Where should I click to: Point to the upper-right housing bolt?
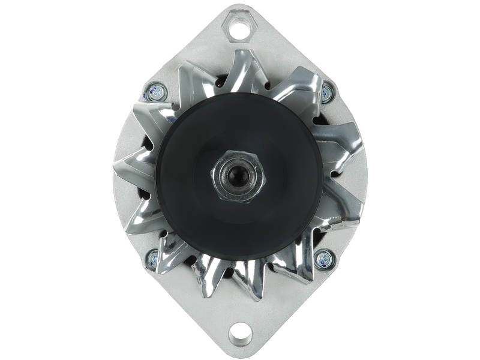(x=326, y=91)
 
